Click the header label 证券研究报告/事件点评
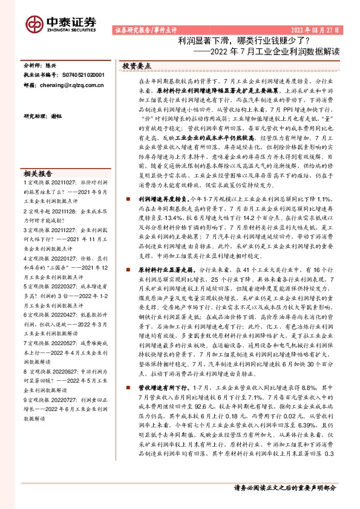tap(143, 29)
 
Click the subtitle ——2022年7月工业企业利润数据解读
tap(266, 51)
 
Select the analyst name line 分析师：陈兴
tap(41, 63)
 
